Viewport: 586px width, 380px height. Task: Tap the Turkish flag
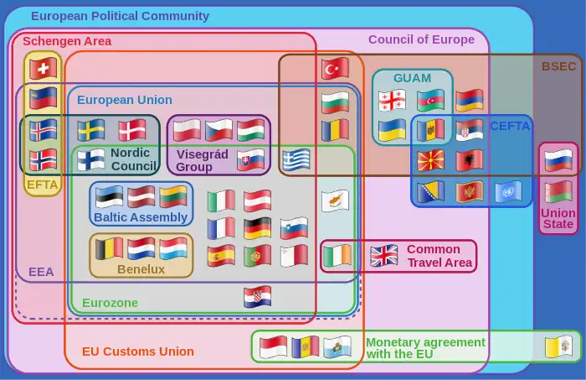point(335,69)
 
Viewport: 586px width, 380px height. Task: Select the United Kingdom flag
point(384,255)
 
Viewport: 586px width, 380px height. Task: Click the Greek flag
point(296,159)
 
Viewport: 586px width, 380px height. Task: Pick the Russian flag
point(558,159)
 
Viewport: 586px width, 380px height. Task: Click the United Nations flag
point(507,192)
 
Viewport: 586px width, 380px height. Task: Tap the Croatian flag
point(257,297)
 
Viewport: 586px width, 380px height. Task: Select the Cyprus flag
point(335,201)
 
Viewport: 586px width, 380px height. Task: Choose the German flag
point(257,227)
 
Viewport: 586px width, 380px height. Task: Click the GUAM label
point(412,78)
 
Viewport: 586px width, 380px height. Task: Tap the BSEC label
point(558,66)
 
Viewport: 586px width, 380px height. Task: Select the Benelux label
point(141,269)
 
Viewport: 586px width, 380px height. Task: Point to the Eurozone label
point(110,303)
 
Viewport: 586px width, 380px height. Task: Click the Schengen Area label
point(67,41)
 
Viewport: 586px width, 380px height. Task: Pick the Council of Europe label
point(421,39)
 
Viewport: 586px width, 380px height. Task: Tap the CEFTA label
point(510,127)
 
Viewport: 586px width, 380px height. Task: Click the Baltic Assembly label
point(141,217)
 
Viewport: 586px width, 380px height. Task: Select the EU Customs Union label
point(138,351)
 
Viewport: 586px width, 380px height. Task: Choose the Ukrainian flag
point(392,130)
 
